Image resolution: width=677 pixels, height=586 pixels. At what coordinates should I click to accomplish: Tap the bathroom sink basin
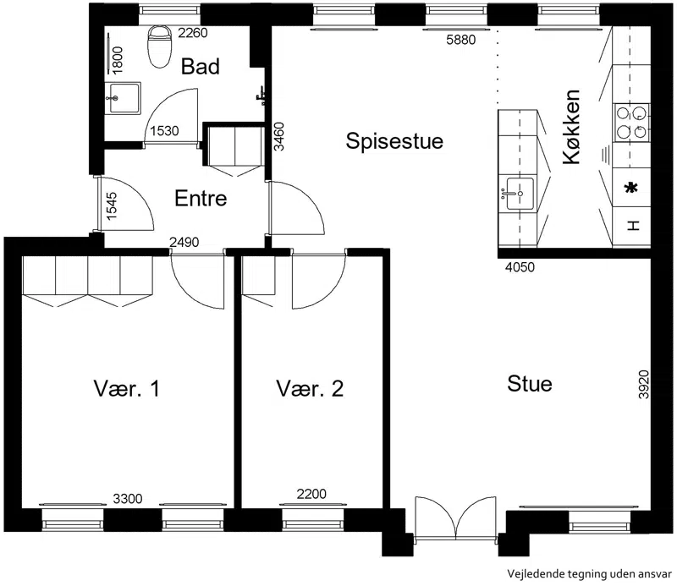pyautogui.click(x=123, y=98)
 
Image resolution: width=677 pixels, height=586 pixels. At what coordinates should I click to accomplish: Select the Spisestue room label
pyautogui.click(x=394, y=141)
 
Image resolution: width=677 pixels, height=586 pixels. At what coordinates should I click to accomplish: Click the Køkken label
pyautogui.click(x=571, y=127)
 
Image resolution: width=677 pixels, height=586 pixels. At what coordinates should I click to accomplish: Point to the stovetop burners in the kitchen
pyautogui.click(x=630, y=123)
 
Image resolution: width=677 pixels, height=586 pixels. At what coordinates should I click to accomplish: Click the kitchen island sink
pyautogui.click(x=520, y=194)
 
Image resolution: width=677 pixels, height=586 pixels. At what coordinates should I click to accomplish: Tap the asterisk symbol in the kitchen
pyautogui.click(x=631, y=188)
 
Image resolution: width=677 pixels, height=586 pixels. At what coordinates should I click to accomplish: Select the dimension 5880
pyautogui.click(x=460, y=40)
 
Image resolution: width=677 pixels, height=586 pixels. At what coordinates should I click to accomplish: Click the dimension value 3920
pyautogui.click(x=643, y=384)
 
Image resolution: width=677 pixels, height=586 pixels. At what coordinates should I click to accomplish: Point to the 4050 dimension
pyautogui.click(x=520, y=267)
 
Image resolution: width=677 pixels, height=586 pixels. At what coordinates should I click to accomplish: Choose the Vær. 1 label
pyautogui.click(x=126, y=388)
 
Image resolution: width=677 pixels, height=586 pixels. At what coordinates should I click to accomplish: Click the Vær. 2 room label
pyautogui.click(x=310, y=388)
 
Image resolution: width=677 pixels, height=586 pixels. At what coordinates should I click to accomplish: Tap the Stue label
pyautogui.click(x=530, y=383)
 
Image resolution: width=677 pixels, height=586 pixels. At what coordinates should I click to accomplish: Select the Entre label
pyautogui.click(x=201, y=198)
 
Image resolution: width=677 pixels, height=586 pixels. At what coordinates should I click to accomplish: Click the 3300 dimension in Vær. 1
pyautogui.click(x=128, y=499)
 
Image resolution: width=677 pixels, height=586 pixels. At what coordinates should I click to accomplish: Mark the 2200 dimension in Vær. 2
pyautogui.click(x=311, y=494)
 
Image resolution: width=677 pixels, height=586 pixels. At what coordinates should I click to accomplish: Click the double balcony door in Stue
pyautogui.click(x=456, y=518)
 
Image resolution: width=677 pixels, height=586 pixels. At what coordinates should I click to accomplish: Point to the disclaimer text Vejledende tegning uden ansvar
pyautogui.click(x=589, y=574)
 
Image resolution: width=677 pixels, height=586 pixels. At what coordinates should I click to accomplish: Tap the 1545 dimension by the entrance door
pyautogui.click(x=111, y=205)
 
